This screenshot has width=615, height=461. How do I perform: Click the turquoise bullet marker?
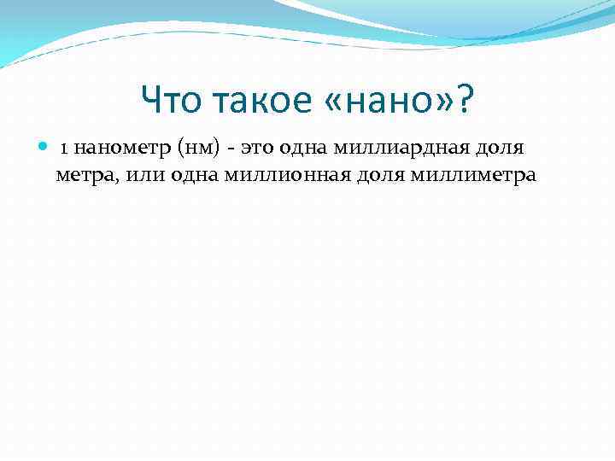click(44, 148)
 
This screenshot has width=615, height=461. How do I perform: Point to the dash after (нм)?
click(231, 149)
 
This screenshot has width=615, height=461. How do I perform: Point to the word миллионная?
click(283, 175)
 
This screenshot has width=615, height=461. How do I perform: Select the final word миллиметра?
click(473, 175)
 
